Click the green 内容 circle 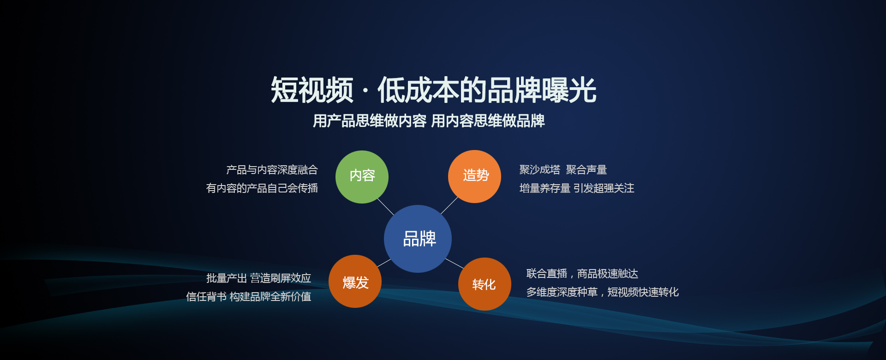click(x=362, y=177)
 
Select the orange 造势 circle click(x=474, y=176)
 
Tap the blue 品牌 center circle click(x=418, y=239)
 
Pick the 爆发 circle click(x=355, y=281)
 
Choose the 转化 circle click(x=485, y=284)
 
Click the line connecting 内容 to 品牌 click(x=385, y=206)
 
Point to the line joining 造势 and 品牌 click(x=449, y=205)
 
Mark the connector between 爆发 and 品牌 click(x=384, y=263)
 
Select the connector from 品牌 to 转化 click(x=455, y=264)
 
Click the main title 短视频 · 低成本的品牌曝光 click(x=433, y=90)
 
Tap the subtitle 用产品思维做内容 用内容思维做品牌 click(x=429, y=121)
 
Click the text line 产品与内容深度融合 click(x=272, y=170)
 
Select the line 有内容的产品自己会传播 click(x=262, y=188)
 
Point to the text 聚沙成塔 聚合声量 click(x=563, y=170)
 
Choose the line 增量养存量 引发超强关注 click(x=577, y=188)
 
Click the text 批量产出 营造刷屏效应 click(x=258, y=278)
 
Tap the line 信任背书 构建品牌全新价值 click(x=249, y=297)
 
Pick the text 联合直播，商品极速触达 click(x=582, y=274)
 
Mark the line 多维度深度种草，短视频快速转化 click(x=603, y=292)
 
